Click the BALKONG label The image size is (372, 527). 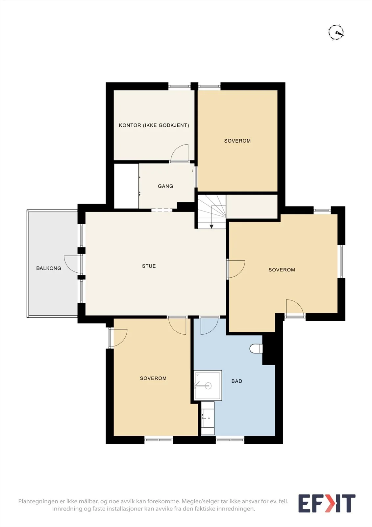49,268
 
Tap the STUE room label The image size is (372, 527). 149,266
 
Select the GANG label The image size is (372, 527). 166,186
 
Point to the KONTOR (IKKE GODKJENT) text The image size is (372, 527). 154,125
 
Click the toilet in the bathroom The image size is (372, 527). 256,348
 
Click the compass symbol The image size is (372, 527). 336,32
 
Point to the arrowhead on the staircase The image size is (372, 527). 211,227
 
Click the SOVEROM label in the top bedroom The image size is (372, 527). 237,141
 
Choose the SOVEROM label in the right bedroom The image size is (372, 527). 282,270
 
